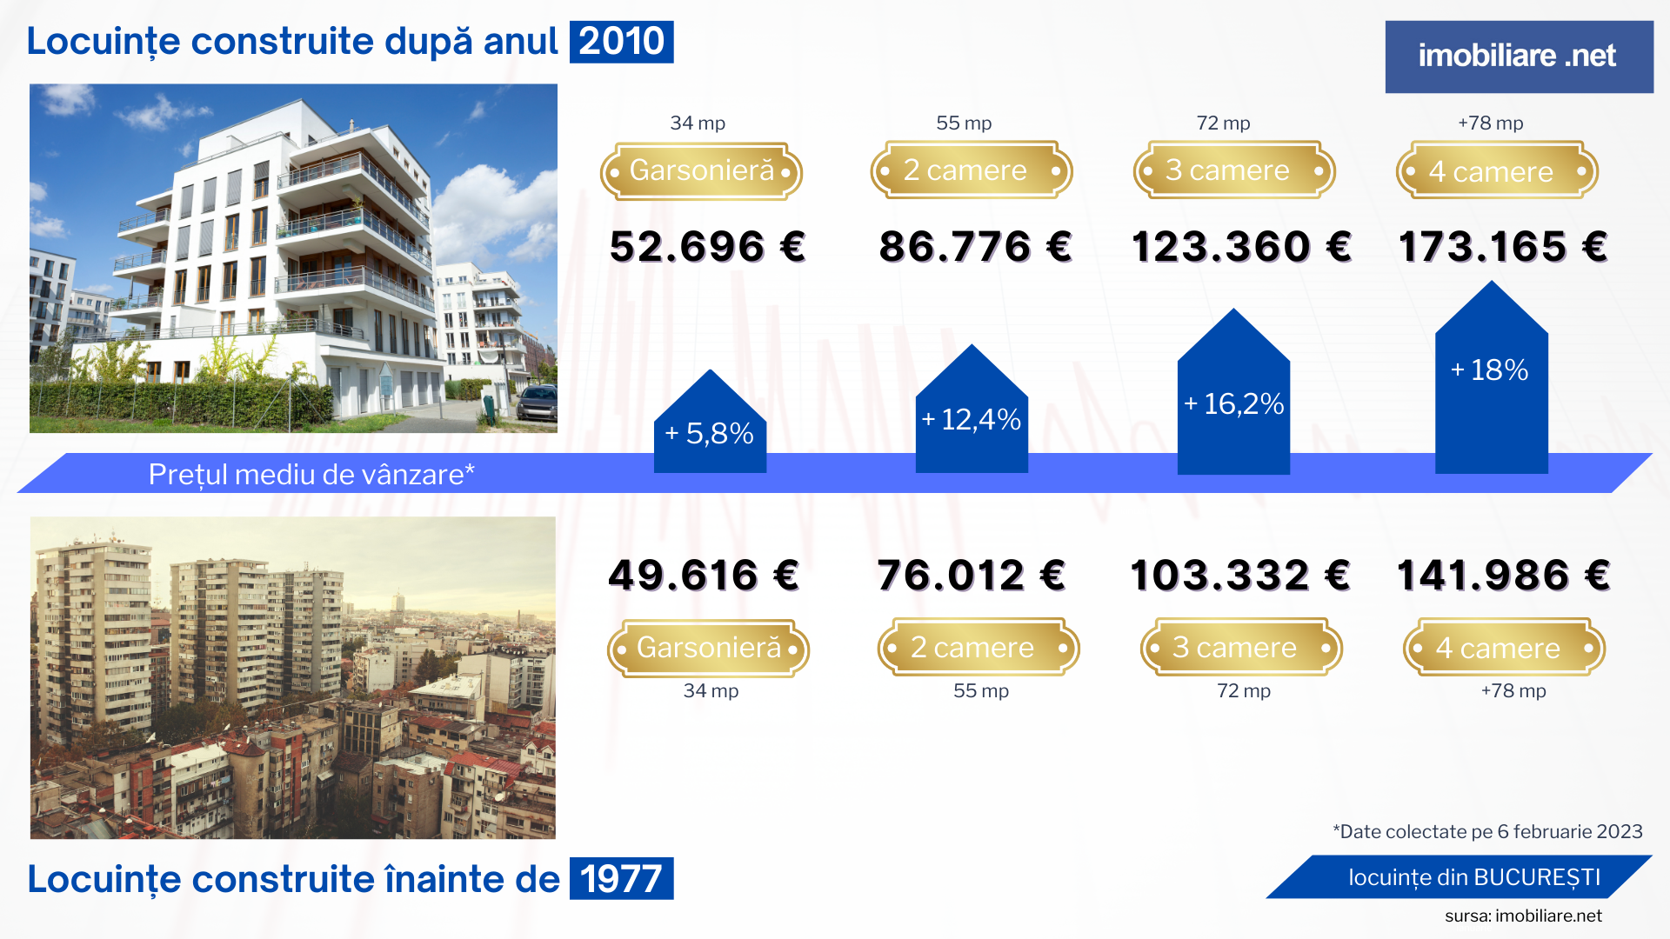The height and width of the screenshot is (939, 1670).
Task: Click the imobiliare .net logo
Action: pyautogui.click(x=1518, y=57)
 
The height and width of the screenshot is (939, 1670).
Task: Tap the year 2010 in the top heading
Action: pyautogui.click(x=621, y=42)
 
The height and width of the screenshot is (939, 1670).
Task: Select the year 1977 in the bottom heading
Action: pyautogui.click(x=621, y=878)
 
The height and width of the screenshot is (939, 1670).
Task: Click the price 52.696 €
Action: pyautogui.click(x=707, y=247)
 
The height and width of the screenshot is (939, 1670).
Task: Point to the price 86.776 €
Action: pyautogui.click(x=975, y=247)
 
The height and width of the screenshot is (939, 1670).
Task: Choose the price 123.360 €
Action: pyautogui.click(x=1241, y=247)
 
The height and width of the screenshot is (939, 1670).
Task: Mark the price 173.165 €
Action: pyautogui.click(x=1502, y=247)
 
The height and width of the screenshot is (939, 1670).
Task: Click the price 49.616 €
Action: pyautogui.click(x=704, y=576)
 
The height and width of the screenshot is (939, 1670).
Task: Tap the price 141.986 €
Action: pyautogui.click(x=1503, y=576)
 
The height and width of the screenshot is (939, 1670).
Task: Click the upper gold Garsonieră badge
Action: pyautogui.click(x=701, y=171)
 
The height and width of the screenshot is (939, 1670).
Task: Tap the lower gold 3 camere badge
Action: pyautogui.click(x=1241, y=648)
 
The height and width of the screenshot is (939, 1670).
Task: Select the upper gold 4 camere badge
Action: pyautogui.click(x=1497, y=171)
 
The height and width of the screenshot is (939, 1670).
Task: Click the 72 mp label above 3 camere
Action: pyautogui.click(x=1223, y=123)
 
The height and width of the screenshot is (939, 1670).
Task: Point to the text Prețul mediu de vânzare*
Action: pyautogui.click(x=311, y=475)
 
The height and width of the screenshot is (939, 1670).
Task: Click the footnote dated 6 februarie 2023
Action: pyautogui.click(x=1487, y=832)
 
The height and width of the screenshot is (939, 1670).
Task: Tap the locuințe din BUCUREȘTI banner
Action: pyautogui.click(x=1473, y=877)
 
